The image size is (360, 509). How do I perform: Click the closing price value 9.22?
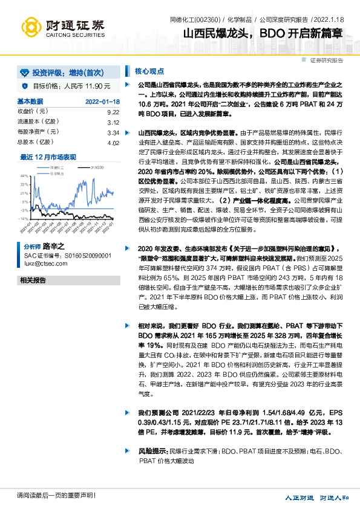113,112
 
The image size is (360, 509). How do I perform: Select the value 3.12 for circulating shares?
113,122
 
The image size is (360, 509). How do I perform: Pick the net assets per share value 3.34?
113,132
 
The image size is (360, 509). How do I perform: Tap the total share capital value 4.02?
113,143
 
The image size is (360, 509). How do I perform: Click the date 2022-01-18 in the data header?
102,102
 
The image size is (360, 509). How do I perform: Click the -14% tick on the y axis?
22,219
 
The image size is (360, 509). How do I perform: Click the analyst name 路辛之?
54,248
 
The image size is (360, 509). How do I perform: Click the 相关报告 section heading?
33,280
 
